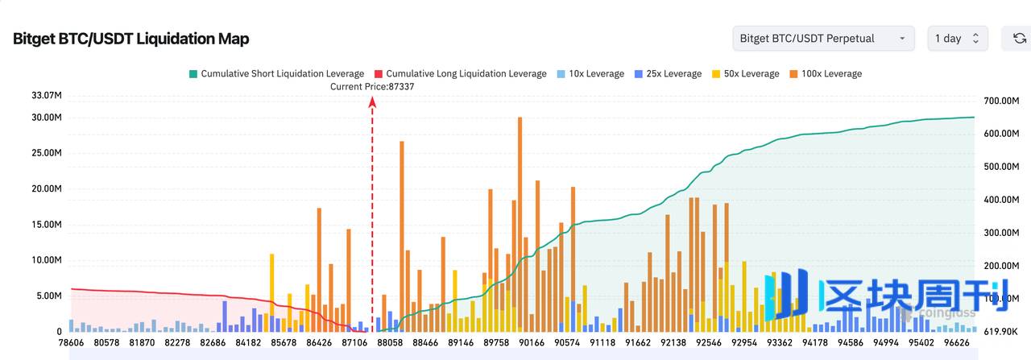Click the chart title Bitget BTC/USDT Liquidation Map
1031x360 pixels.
click(x=131, y=39)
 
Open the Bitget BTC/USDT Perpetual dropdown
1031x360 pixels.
click(x=823, y=39)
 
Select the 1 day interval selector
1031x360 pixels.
click(x=957, y=39)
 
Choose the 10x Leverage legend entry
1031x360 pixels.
click(x=590, y=74)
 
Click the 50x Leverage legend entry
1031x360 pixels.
click(x=745, y=74)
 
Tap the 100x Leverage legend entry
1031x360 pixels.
click(x=826, y=74)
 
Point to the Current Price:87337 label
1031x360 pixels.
click(x=372, y=86)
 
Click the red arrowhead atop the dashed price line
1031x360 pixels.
click(x=372, y=101)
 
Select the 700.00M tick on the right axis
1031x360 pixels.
click(x=1003, y=101)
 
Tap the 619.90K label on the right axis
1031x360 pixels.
click(x=1003, y=330)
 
